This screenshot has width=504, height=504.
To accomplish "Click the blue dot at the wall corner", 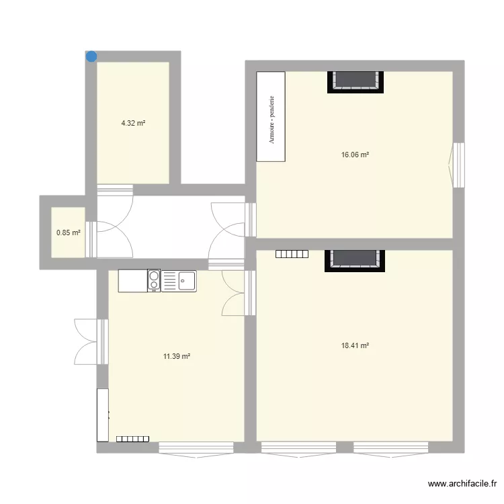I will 91,56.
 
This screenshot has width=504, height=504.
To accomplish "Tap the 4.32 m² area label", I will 133,123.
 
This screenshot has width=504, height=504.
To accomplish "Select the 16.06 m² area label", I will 355,155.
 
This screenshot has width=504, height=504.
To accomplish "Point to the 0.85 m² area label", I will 68,233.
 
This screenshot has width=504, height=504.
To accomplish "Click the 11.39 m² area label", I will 177,356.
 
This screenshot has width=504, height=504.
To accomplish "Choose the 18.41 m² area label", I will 355,345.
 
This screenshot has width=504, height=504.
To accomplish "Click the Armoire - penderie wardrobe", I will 271,118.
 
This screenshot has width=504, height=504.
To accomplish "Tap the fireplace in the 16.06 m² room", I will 356,81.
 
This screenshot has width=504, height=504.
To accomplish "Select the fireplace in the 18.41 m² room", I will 356,259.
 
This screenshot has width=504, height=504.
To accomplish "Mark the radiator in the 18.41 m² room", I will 291,254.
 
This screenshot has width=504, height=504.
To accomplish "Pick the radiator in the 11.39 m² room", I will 132,438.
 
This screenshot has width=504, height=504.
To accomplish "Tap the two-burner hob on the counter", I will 154,280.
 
